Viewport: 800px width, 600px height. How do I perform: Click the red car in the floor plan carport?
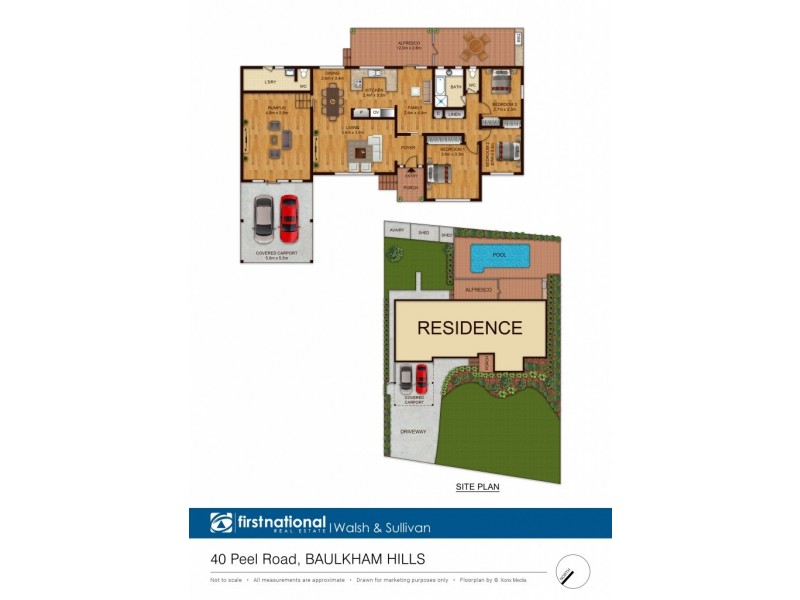(x=289, y=218)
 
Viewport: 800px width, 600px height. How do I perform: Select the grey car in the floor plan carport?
(x=263, y=216)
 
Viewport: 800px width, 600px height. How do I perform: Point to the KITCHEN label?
(x=375, y=93)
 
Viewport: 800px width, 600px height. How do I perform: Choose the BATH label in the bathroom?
(x=455, y=88)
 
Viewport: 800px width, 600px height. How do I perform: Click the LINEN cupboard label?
(x=453, y=114)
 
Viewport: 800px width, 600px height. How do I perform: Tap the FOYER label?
(x=408, y=148)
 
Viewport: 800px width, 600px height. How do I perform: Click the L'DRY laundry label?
(x=270, y=82)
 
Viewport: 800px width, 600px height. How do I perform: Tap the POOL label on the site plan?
(x=499, y=255)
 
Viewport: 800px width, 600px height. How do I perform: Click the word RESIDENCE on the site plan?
(x=469, y=327)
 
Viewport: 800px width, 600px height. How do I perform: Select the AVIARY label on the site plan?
(x=396, y=230)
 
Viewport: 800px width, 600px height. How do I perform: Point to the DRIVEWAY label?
(x=413, y=431)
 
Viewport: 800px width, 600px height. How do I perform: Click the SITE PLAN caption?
(x=477, y=487)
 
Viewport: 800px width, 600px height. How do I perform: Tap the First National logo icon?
(x=221, y=523)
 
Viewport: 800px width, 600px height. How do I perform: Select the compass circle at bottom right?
(x=573, y=571)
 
